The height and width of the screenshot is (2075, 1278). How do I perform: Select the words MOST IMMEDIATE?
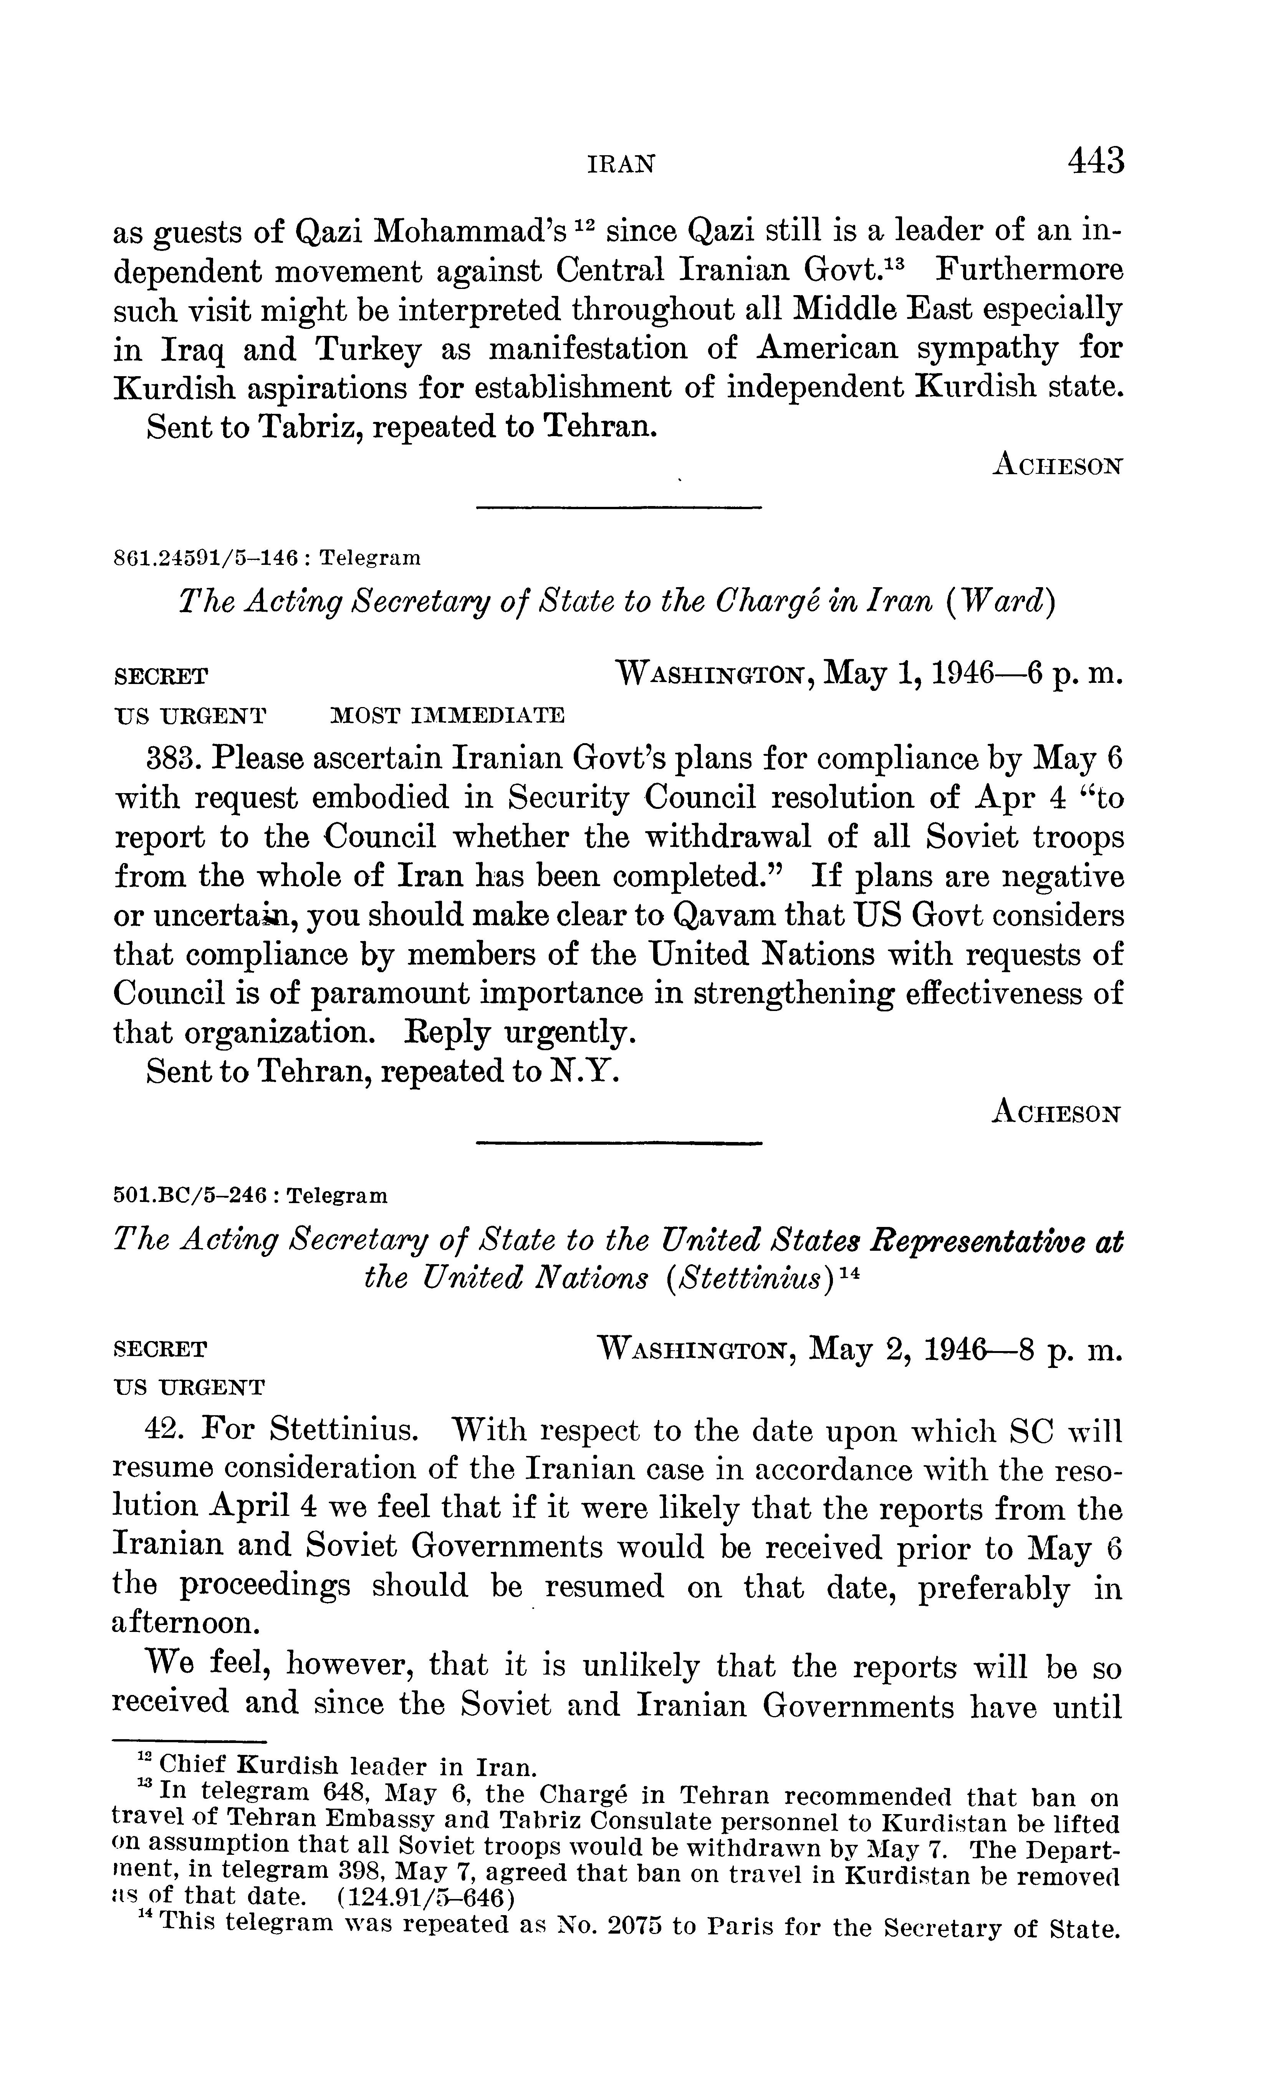tap(446, 715)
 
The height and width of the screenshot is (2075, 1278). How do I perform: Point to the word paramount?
tap(391, 994)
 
